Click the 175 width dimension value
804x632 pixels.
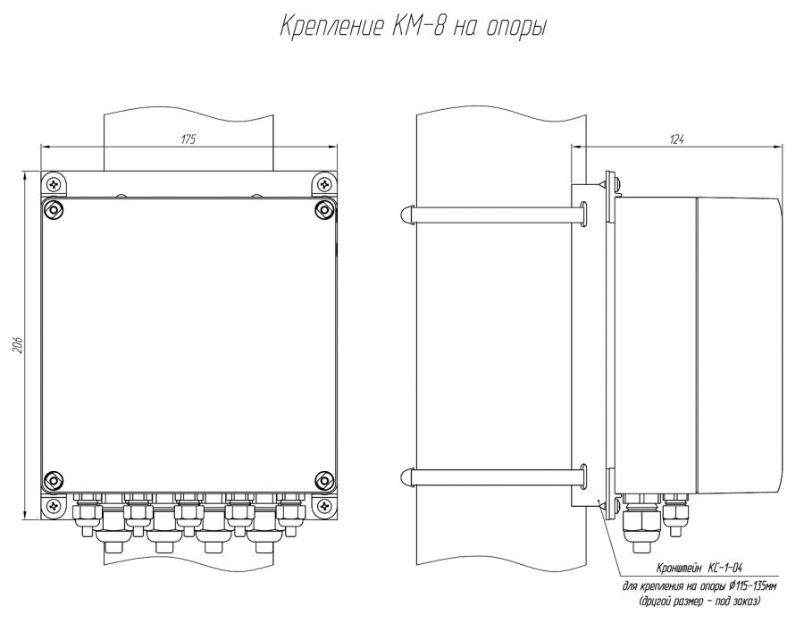pyautogui.click(x=188, y=139)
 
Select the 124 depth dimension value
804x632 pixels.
pyautogui.click(x=677, y=139)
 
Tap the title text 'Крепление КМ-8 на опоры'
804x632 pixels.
pyautogui.click(x=413, y=27)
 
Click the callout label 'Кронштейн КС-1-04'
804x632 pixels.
pyautogui.click(x=699, y=568)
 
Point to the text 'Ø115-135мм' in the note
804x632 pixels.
pyautogui.click(x=752, y=586)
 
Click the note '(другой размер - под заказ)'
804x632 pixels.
pyautogui.click(x=699, y=601)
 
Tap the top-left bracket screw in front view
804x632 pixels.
pyautogui.click(x=54, y=183)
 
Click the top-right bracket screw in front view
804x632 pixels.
pyautogui.click(x=324, y=183)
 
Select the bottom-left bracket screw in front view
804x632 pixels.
pyautogui.click(x=54, y=506)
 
